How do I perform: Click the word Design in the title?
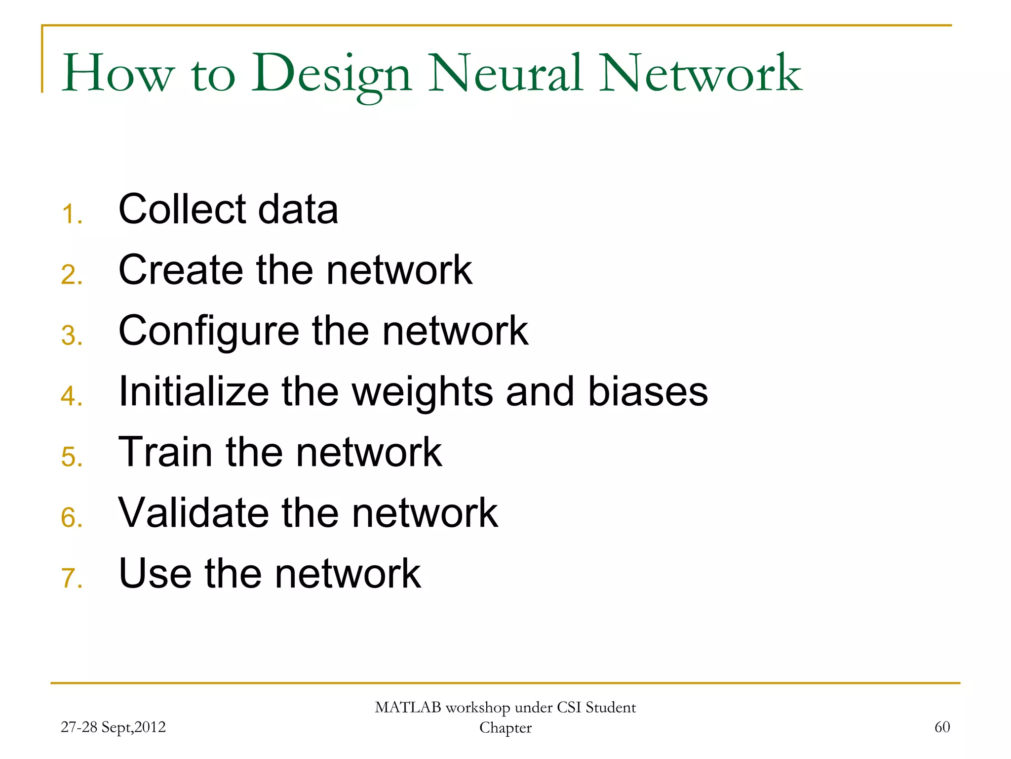click(332, 74)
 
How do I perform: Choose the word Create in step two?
click(181, 270)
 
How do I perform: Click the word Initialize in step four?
click(194, 391)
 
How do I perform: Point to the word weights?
click(422, 392)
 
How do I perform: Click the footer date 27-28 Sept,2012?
click(113, 727)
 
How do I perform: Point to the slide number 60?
click(942, 727)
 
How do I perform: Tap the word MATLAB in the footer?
click(408, 708)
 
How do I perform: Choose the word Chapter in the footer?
click(505, 728)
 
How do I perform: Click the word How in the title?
click(118, 74)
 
